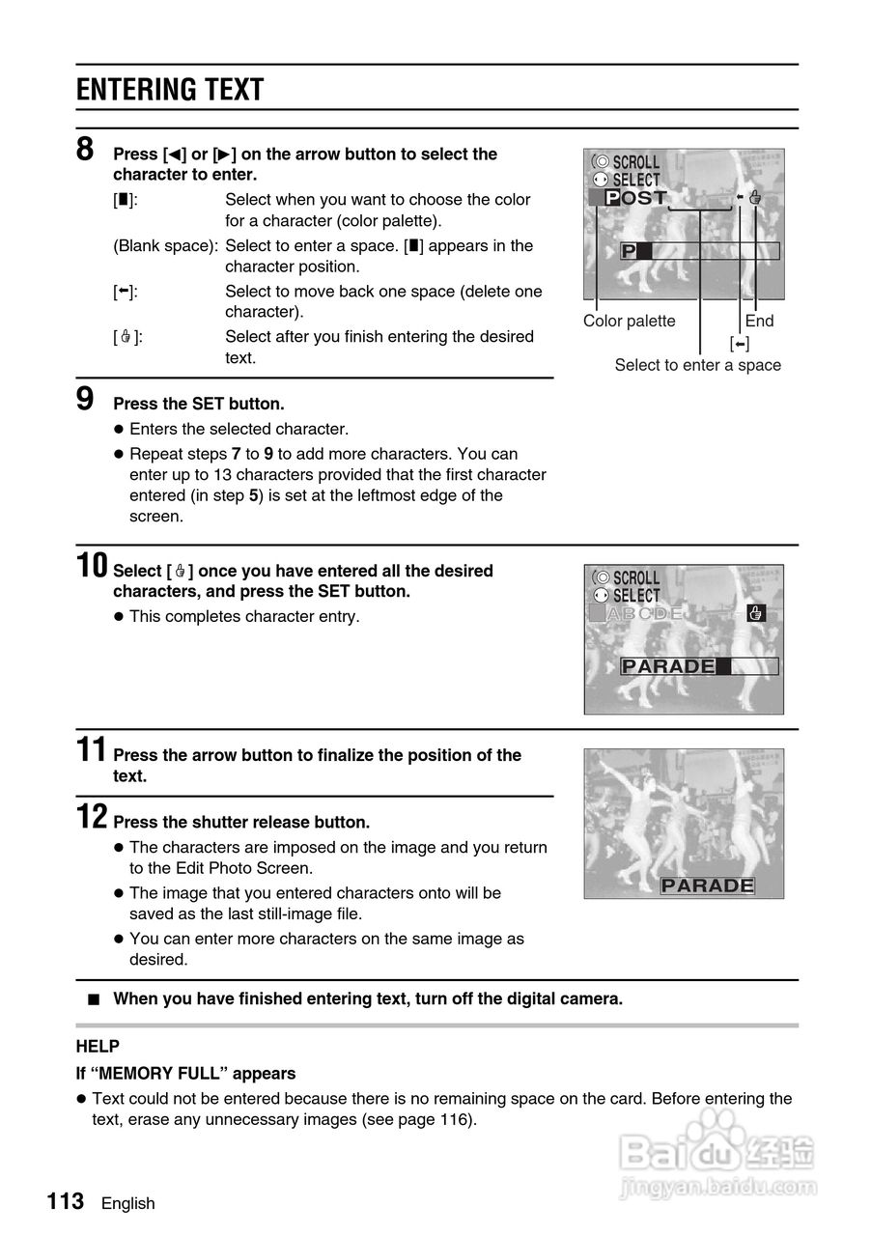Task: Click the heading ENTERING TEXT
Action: (170, 90)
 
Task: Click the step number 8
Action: (86, 151)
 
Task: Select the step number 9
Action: (86, 399)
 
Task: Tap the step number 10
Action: (93, 566)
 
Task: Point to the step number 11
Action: (93, 750)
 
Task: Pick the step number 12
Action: (93, 818)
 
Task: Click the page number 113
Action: (66, 1201)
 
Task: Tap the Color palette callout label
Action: (630, 322)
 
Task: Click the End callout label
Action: (759, 322)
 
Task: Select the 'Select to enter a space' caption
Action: (698, 365)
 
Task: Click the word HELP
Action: (98, 1047)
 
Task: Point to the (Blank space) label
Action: (165, 246)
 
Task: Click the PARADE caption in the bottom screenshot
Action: (708, 885)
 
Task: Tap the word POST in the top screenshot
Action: (636, 198)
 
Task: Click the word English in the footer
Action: (127, 1203)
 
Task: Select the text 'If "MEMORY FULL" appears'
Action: (186, 1074)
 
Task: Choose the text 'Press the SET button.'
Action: (199, 404)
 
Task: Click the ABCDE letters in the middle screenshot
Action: (645, 613)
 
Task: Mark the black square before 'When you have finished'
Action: (93, 999)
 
